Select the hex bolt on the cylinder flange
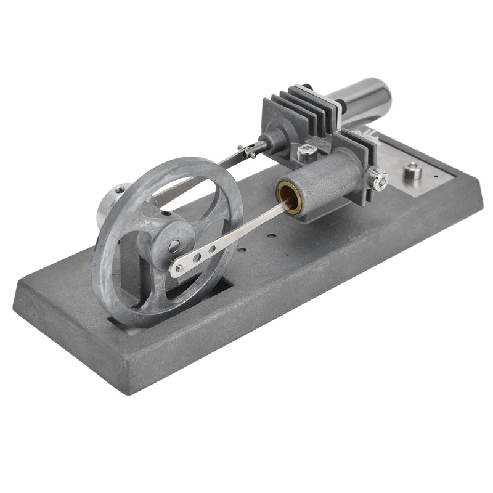378,180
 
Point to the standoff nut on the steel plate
413,169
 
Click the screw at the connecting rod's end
179,268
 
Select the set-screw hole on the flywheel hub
166,214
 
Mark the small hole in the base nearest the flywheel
242,251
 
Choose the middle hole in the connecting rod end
197,258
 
